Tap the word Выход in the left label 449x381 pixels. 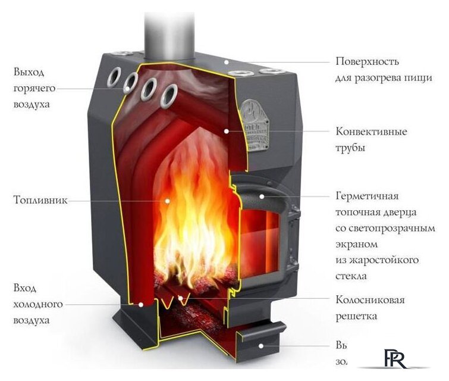pos(29,73)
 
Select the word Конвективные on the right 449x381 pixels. pos(372,132)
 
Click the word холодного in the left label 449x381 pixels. pos(38,304)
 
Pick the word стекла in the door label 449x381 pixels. pos(351,276)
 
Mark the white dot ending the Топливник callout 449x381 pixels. pos(167,201)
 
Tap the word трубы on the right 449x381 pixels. pos(350,148)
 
